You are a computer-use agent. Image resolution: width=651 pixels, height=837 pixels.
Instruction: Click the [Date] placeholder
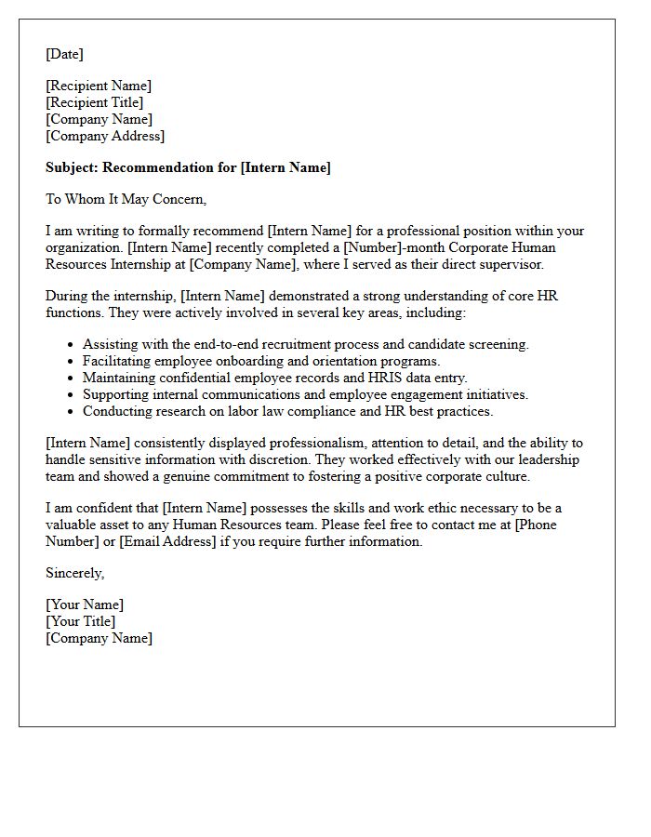pyautogui.click(x=64, y=54)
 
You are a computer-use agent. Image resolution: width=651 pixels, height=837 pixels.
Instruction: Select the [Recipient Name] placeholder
pyautogui.click(x=99, y=86)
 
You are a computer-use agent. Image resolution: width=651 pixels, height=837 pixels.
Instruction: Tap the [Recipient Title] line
pyautogui.click(x=95, y=102)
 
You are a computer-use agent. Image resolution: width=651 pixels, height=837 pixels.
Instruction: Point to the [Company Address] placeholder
pyautogui.click(x=105, y=136)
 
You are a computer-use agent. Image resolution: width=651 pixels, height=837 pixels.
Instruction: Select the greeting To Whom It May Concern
pyautogui.click(x=126, y=199)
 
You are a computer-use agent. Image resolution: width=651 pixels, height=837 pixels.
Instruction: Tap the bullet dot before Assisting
pyautogui.click(x=70, y=345)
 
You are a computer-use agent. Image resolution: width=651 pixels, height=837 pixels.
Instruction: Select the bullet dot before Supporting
pyautogui.click(x=70, y=395)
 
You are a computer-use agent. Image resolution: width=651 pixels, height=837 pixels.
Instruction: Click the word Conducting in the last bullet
pyautogui.click(x=115, y=411)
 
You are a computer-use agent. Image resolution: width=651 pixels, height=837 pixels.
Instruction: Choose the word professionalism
pyautogui.click(x=301, y=443)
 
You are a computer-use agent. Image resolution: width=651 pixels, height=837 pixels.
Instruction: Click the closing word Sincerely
pyautogui.click(x=74, y=573)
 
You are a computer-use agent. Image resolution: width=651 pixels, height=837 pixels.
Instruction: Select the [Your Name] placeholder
pyautogui.click(x=85, y=604)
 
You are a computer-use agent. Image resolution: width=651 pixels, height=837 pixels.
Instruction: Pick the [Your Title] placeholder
pyautogui.click(x=81, y=621)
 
